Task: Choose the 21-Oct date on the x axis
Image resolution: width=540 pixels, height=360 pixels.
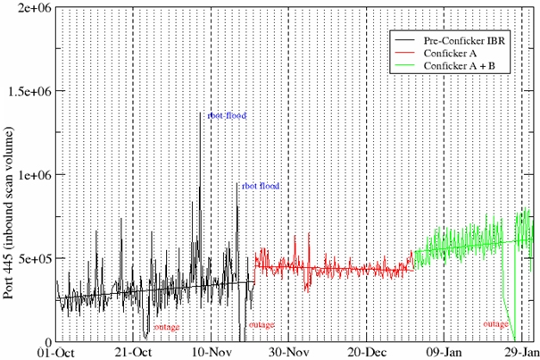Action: point(132,351)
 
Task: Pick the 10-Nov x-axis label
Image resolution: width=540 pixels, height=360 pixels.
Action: point(211,351)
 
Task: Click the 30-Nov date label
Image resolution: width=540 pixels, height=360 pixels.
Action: point(289,351)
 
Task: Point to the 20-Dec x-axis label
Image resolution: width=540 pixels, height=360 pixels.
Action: point(366,351)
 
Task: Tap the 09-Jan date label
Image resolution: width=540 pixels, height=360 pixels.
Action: point(444,351)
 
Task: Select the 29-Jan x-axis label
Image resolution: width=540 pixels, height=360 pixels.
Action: point(520,351)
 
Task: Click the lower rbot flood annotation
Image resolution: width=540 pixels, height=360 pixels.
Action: point(261,186)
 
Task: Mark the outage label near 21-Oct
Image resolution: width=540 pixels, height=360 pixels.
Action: point(166,327)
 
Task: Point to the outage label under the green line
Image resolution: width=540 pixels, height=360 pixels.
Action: point(495,323)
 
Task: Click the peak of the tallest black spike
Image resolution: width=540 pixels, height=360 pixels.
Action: point(200,113)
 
